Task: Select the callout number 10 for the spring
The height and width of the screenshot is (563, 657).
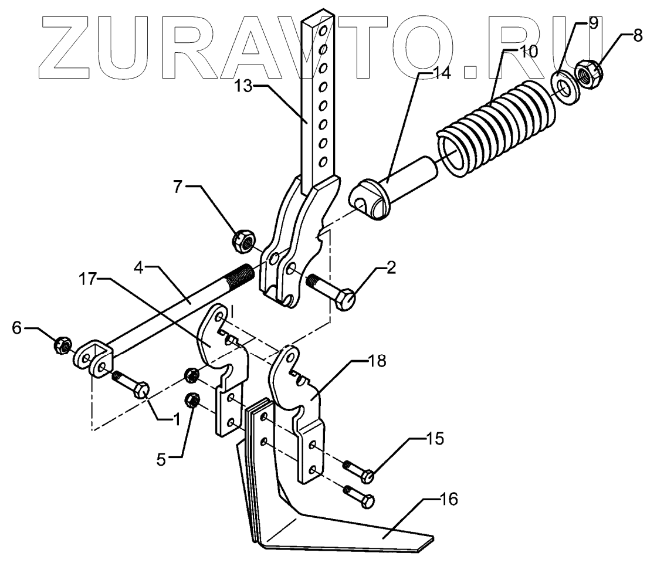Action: coord(528,50)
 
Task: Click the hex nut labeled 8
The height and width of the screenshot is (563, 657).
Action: coord(588,74)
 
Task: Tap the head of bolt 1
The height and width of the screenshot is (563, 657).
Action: coord(142,390)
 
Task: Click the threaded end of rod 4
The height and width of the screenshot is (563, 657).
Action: coord(241,274)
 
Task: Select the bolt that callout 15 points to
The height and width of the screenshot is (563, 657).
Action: coord(367,476)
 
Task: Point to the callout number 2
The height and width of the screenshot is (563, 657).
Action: coord(391,268)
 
